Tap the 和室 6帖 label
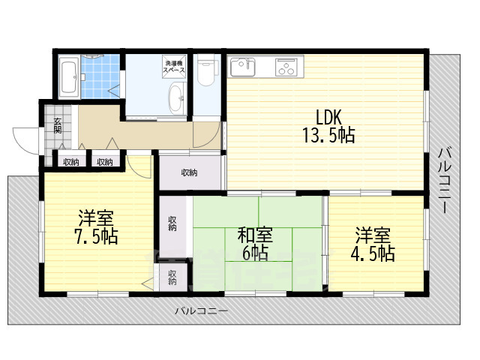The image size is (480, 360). [254, 244]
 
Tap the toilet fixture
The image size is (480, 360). [207, 76]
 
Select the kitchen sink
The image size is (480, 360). [241, 67]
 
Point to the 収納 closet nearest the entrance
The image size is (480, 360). [70, 161]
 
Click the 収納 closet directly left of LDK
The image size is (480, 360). [190, 173]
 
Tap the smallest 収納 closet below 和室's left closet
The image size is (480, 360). [172, 277]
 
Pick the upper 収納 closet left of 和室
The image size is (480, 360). [172, 223]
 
